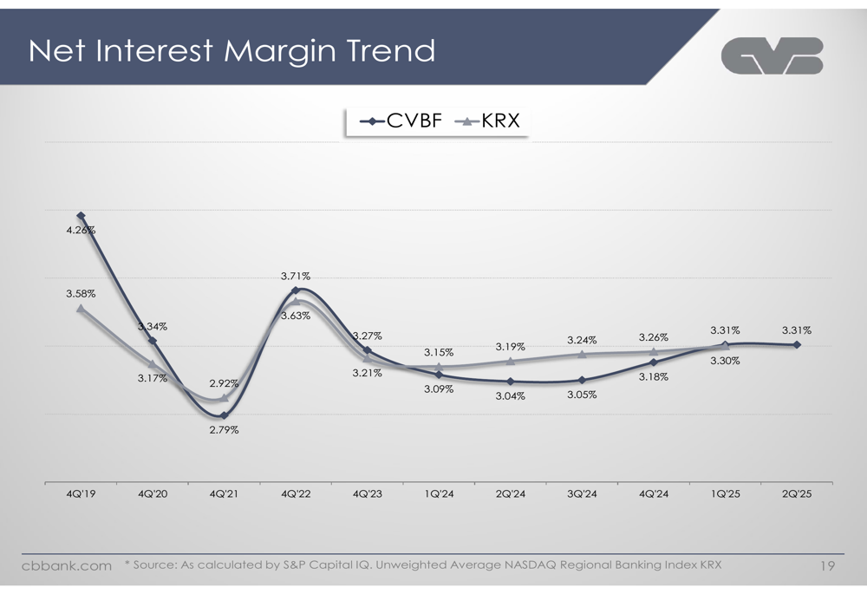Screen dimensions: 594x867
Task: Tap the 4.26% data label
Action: pos(81,231)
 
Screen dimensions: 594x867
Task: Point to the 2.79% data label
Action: pos(224,430)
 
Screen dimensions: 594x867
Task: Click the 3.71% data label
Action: pos(296,276)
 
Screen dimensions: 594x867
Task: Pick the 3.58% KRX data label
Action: pos(81,294)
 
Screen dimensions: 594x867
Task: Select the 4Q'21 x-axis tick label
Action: pos(224,494)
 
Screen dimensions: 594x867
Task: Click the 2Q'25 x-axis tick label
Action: pos(797,494)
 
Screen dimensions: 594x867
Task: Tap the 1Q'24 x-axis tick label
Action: pos(439,494)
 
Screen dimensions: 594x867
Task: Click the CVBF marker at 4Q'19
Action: pos(81,216)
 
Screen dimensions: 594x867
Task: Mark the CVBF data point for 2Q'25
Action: pos(797,345)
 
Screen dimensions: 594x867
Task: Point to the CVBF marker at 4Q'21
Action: pos(224,415)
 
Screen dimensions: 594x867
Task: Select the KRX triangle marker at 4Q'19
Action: pos(81,308)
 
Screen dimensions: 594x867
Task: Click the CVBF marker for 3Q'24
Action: pos(582,380)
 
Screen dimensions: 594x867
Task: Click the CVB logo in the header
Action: pos(772,56)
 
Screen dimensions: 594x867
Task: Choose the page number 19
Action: pos(826,566)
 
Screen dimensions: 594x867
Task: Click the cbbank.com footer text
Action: pos(67,566)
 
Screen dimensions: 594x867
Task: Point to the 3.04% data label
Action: pos(510,396)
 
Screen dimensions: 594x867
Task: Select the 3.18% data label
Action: pos(653,377)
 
